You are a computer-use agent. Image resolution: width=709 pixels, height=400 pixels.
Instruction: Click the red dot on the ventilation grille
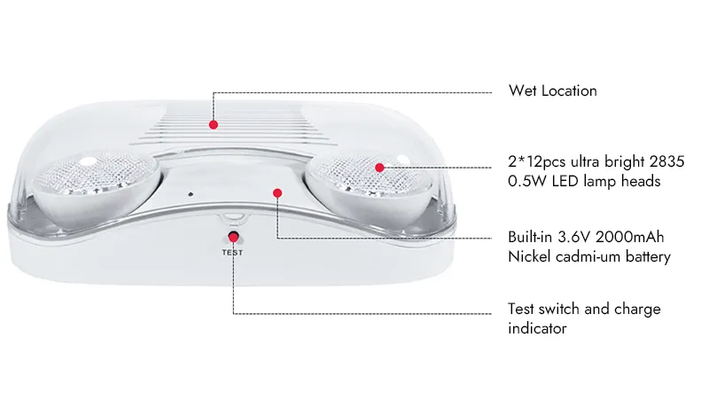[214, 124]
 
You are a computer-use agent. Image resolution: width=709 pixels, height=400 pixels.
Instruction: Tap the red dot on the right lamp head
[379, 168]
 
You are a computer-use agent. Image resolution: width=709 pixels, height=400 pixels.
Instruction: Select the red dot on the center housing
[277, 193]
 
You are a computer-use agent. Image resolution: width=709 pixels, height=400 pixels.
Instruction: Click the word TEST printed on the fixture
[232, 253]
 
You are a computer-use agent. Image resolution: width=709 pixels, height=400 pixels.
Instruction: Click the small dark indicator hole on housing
[191, 194]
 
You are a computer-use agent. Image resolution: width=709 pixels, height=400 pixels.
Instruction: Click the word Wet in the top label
[522, 90]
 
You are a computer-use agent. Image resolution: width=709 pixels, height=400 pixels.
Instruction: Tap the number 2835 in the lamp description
[666, 161]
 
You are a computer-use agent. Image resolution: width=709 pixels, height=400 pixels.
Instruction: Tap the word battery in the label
[648, 257]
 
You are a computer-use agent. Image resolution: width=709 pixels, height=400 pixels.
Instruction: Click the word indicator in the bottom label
[537, 328]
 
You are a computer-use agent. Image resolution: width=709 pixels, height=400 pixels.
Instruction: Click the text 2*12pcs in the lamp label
[537, 162]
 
